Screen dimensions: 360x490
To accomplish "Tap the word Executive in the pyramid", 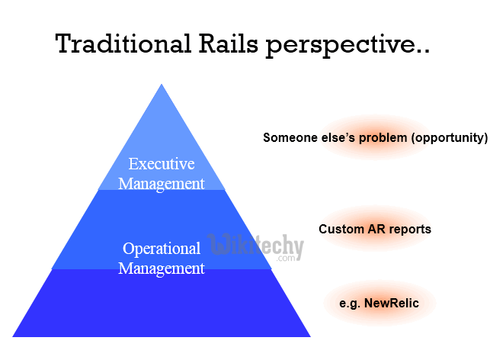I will coord(162,164).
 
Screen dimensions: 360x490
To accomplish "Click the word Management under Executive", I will coord(162,183).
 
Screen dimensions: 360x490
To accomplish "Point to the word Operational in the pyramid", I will coord(162,249).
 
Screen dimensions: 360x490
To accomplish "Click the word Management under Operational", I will coord(162,268).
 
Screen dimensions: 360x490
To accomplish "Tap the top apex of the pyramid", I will coord(162,85).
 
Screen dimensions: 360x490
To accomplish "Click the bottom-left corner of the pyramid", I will coord(14,336).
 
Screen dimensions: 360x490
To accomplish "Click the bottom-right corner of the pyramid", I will coord(309,336).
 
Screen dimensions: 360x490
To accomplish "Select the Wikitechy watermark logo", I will coord(255,247).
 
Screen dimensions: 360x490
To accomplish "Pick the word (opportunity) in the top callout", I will coord(449,138).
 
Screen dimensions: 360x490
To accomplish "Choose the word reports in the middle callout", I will coord(412,229).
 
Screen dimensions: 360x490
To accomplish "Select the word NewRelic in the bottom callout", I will coord(392,303).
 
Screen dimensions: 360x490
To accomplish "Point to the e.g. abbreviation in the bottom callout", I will coord(351,303).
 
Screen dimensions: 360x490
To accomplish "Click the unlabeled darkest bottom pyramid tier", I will coord(162,305).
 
